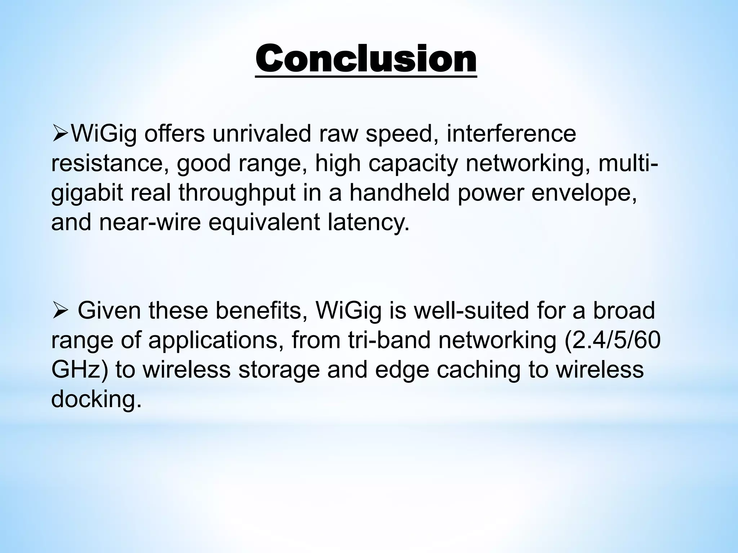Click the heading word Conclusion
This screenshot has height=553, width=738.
tap(366, 59)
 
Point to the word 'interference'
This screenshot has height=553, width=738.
tap(511, 134)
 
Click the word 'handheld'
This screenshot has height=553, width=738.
tap(400, 193)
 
